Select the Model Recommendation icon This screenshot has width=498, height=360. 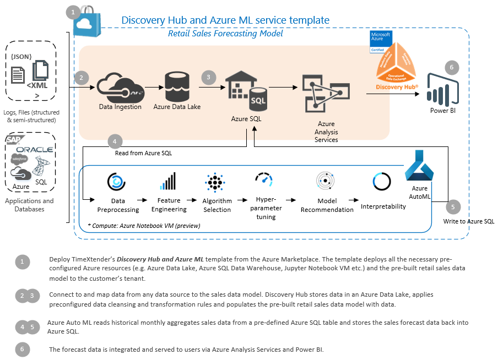click(x=325, y=181)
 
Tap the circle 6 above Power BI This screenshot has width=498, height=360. click(x=451, y=68)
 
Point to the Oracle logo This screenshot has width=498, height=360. click(x=34, y=150)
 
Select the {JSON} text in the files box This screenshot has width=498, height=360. click(x=21, y=56)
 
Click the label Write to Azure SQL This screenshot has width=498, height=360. click(x=468, y=222)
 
